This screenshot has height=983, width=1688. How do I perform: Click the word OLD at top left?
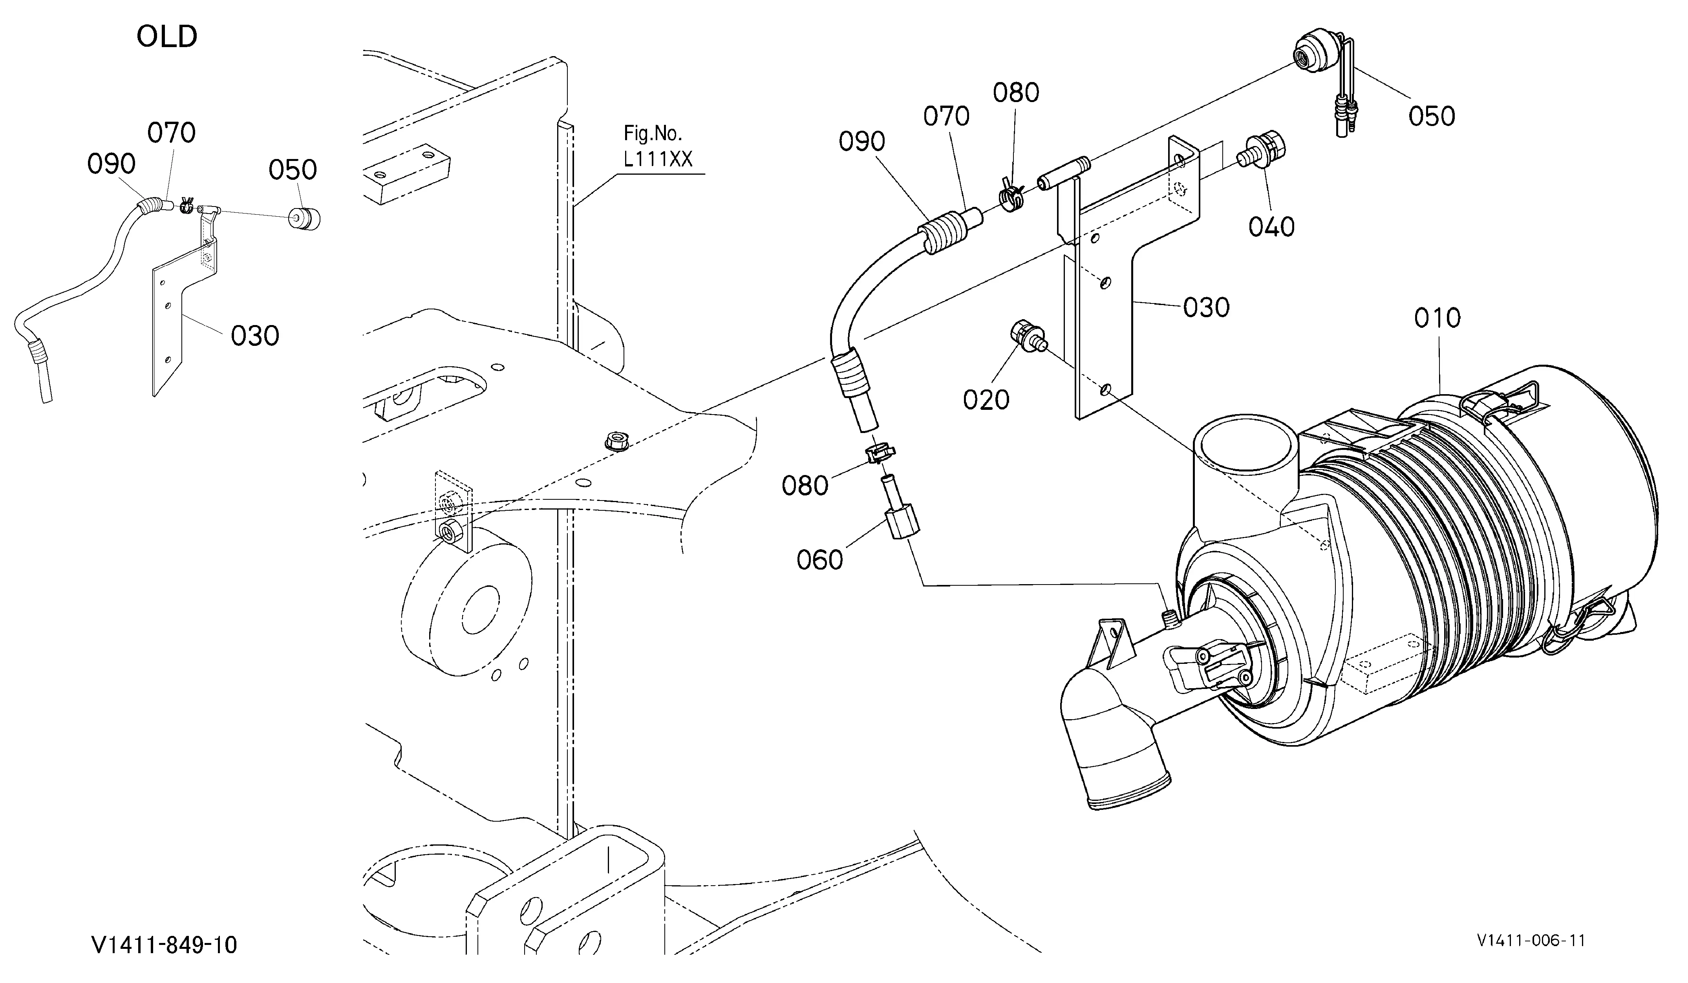(167, 37)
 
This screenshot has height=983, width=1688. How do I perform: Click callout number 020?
(986, 400)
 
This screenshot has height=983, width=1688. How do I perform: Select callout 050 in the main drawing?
(1432, 117)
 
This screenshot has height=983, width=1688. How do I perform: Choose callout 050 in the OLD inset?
(293, 170)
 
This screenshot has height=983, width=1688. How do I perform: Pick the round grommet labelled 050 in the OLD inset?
(304, 218)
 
